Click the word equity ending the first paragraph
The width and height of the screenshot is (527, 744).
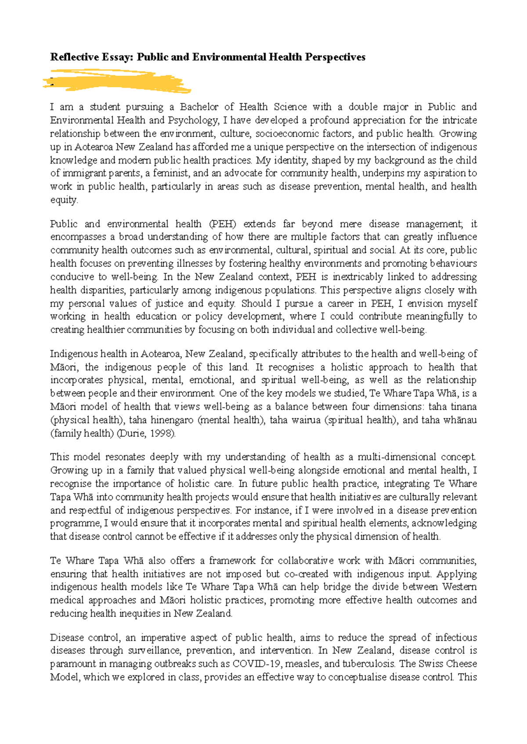click(63, 200)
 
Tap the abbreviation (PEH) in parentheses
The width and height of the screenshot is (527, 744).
click(223, 224)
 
